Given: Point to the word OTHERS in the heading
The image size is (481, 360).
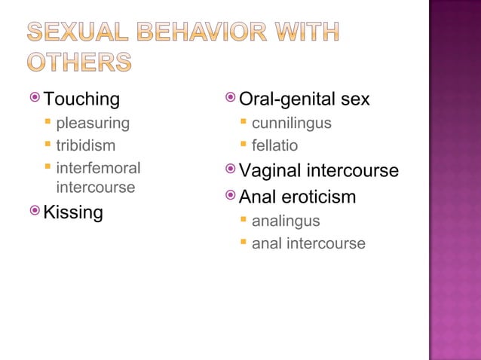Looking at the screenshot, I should coord(79,63).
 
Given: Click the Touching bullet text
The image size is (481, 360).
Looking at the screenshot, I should coord(81,99).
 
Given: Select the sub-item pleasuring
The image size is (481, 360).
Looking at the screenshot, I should coord(93,123).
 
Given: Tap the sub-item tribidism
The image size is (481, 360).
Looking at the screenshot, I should coord(85,145).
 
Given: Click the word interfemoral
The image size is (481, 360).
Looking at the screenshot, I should coord(98,168).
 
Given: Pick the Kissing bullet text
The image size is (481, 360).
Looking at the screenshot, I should coord(73,212).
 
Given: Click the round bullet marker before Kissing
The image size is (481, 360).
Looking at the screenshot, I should coord(35,212).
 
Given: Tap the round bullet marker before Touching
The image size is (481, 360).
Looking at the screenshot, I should coord(35,98).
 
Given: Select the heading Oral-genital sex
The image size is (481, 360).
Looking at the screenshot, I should coord(304,99).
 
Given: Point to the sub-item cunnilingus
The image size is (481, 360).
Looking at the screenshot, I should coord(291,123).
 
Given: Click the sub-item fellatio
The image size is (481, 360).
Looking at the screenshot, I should coord(274,145).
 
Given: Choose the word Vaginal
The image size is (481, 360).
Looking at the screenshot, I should coord(270,171).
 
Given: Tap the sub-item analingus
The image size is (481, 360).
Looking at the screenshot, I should coord(285,221).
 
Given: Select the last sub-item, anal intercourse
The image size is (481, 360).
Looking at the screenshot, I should coord(308,243).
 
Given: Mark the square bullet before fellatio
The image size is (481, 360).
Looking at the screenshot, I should coord(244,145).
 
